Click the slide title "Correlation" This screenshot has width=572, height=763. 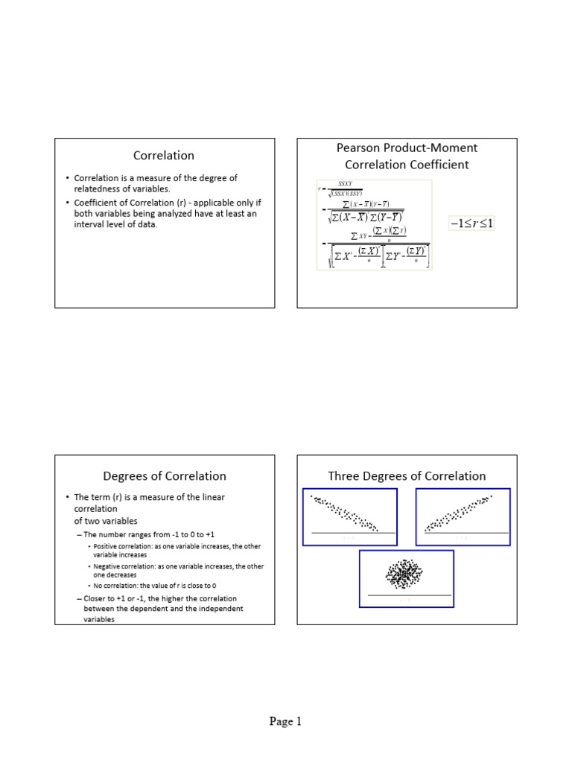(x=164, y=156)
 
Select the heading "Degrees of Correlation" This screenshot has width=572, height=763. (x=164, y=476)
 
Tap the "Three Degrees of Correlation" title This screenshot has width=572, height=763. (x=407, y=476)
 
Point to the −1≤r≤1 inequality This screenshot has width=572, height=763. (x=472, y=223)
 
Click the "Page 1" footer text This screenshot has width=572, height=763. (x=285, y=721)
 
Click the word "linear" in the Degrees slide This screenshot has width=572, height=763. (x=210, y=497)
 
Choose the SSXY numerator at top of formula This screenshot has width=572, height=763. (x=345, y=183)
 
